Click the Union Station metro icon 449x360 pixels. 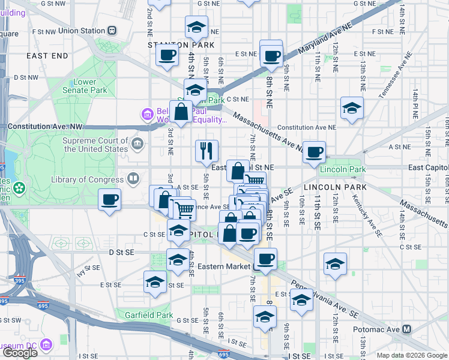[x=112, y=31]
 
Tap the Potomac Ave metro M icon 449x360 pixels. [x=408, y=329]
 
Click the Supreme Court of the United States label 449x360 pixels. [x=96, y=145]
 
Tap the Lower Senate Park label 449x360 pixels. [x=89, y=86]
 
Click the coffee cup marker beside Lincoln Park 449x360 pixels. [x=314, y=152]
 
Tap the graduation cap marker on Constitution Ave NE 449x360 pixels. [x=352, y=108]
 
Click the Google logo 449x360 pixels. [x=20, y=353]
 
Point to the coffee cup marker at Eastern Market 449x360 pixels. [x=265, y=259]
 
